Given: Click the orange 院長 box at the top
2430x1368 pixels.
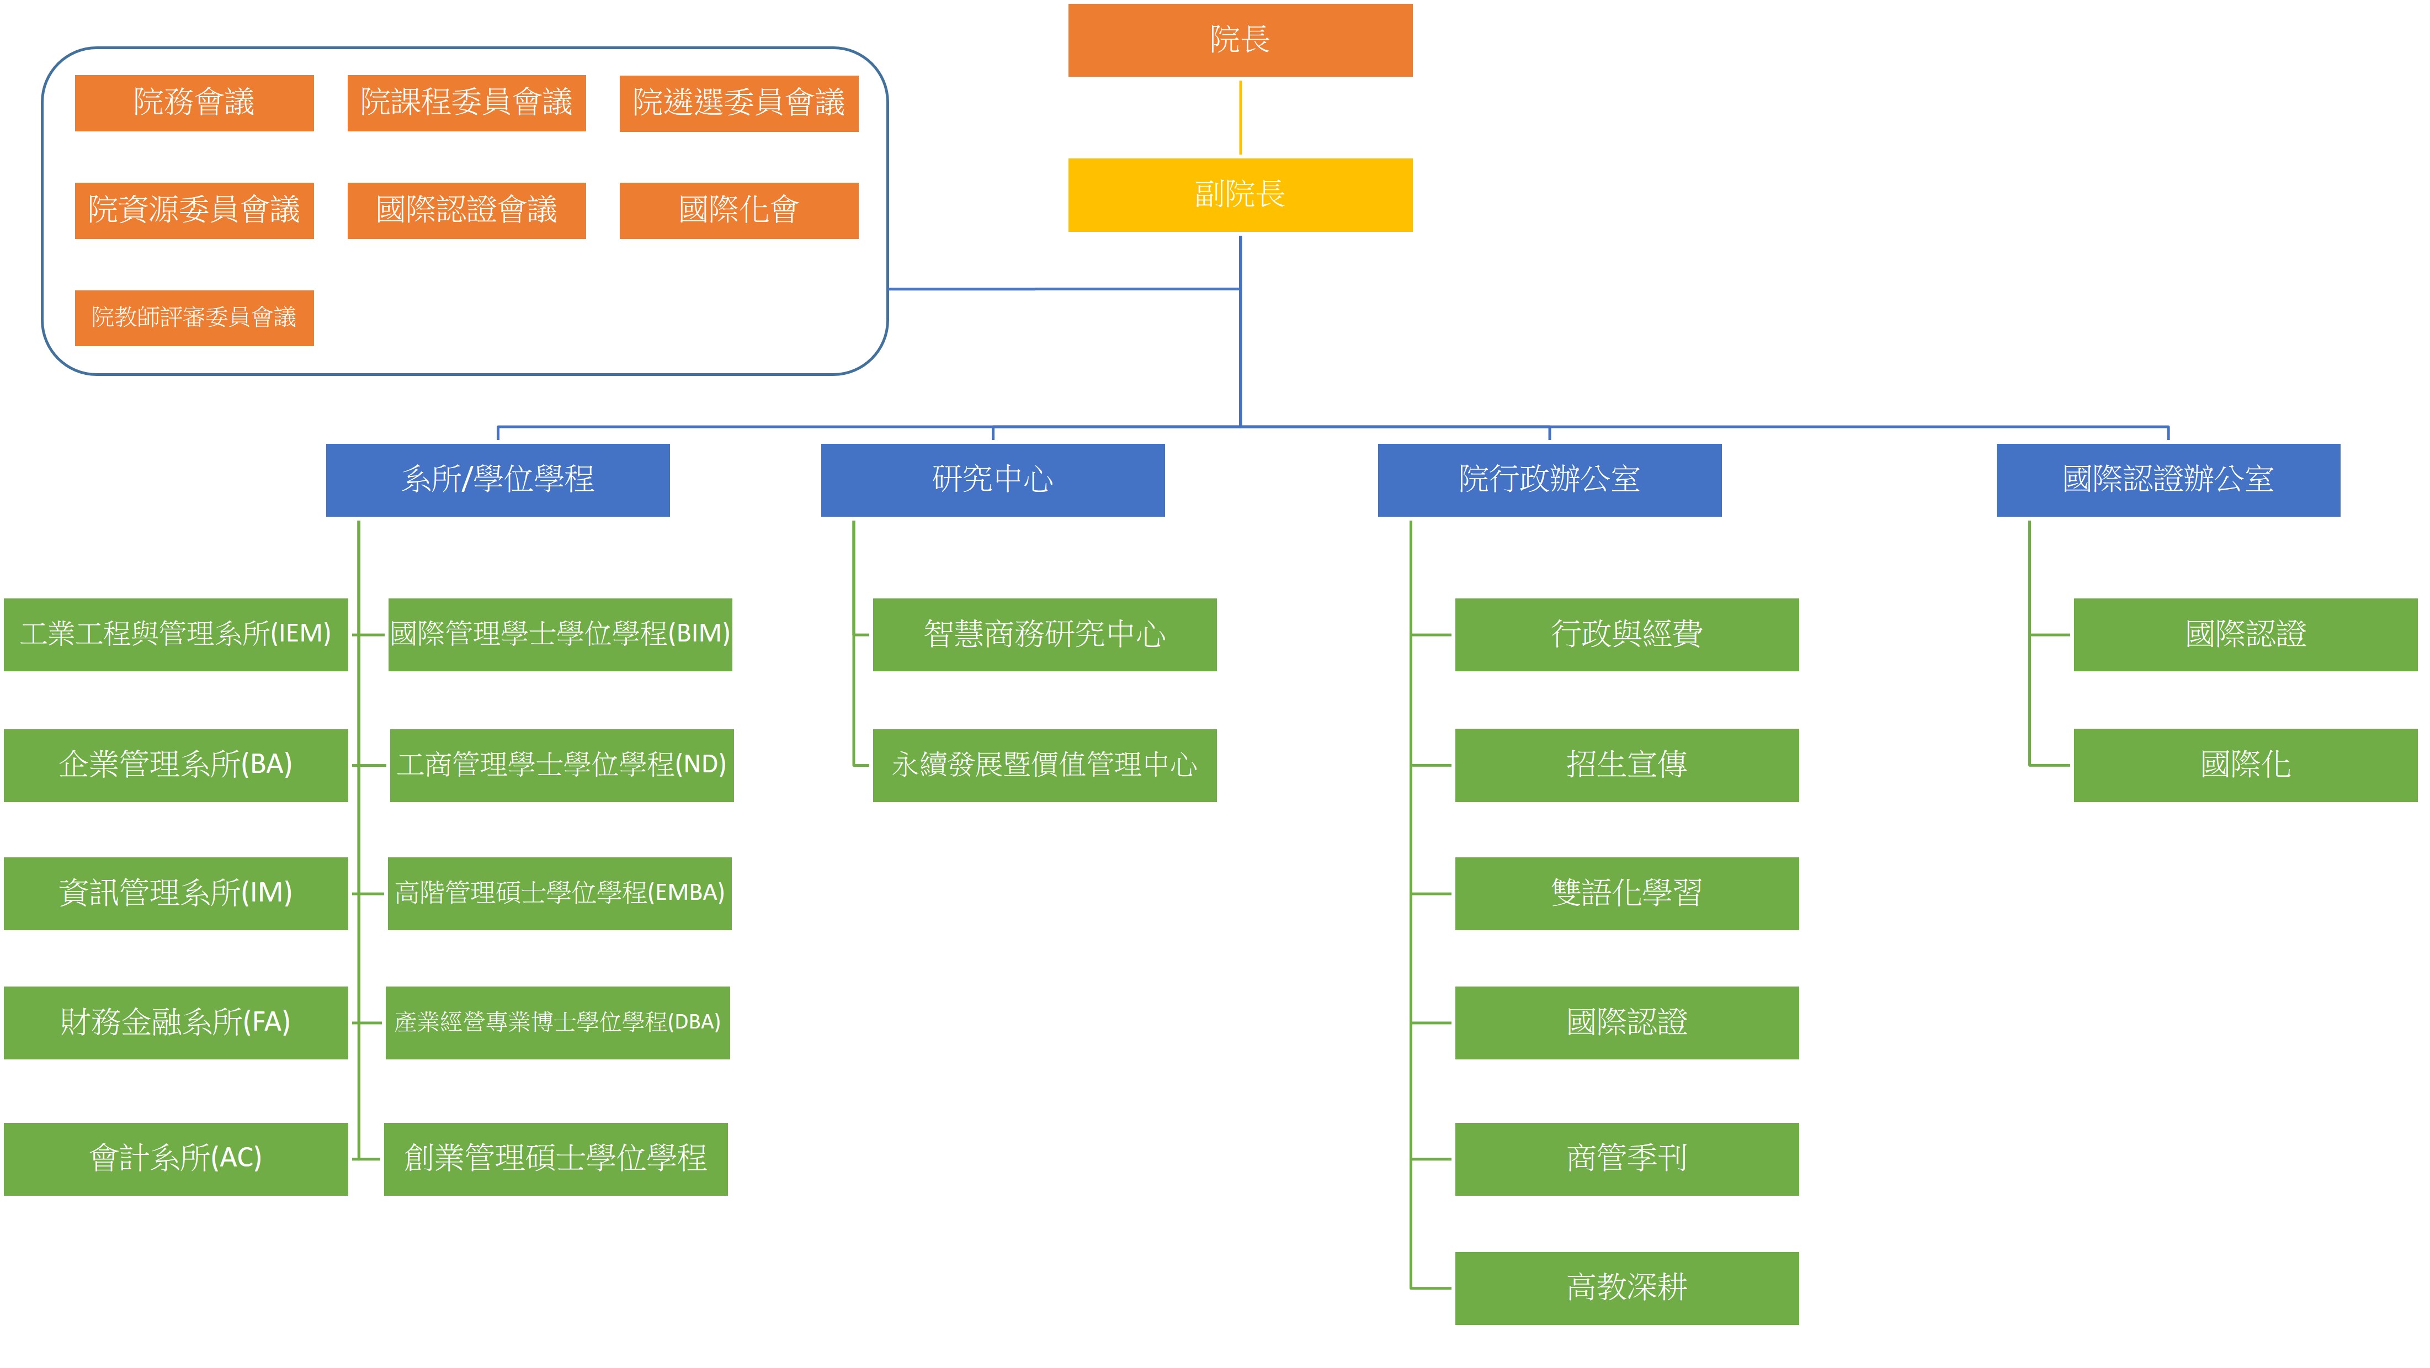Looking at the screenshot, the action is click(1240, 40).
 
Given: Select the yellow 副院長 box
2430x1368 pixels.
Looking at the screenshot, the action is click(1240, 194).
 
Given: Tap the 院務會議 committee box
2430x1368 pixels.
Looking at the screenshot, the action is click(194, 103).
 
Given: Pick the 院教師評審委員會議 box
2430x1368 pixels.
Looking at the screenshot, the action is click(194, 318).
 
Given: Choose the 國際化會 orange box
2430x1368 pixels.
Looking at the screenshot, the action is click(738, 210).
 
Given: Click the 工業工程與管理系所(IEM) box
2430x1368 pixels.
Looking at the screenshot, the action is click(176, 634).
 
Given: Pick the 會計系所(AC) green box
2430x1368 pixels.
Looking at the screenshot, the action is click(176, 1159).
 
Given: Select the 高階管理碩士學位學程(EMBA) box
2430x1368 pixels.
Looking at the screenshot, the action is click(560, 893).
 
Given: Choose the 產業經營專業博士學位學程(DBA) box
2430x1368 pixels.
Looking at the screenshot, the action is click(557, 1023).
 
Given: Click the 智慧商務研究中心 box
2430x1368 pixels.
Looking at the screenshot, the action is click(1044, 634).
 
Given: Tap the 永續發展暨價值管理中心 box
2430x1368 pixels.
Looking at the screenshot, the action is click(1044, 765).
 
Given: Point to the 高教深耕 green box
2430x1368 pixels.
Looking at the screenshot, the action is click(1626, 1288).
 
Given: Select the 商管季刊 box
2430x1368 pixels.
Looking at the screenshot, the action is click(1626, 1159).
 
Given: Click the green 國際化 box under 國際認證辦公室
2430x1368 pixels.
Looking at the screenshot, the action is click(2245, 765).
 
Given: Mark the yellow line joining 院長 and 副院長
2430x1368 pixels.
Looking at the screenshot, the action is click(1240, 118).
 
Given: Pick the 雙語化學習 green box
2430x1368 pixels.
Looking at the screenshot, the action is click(1626, 893).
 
